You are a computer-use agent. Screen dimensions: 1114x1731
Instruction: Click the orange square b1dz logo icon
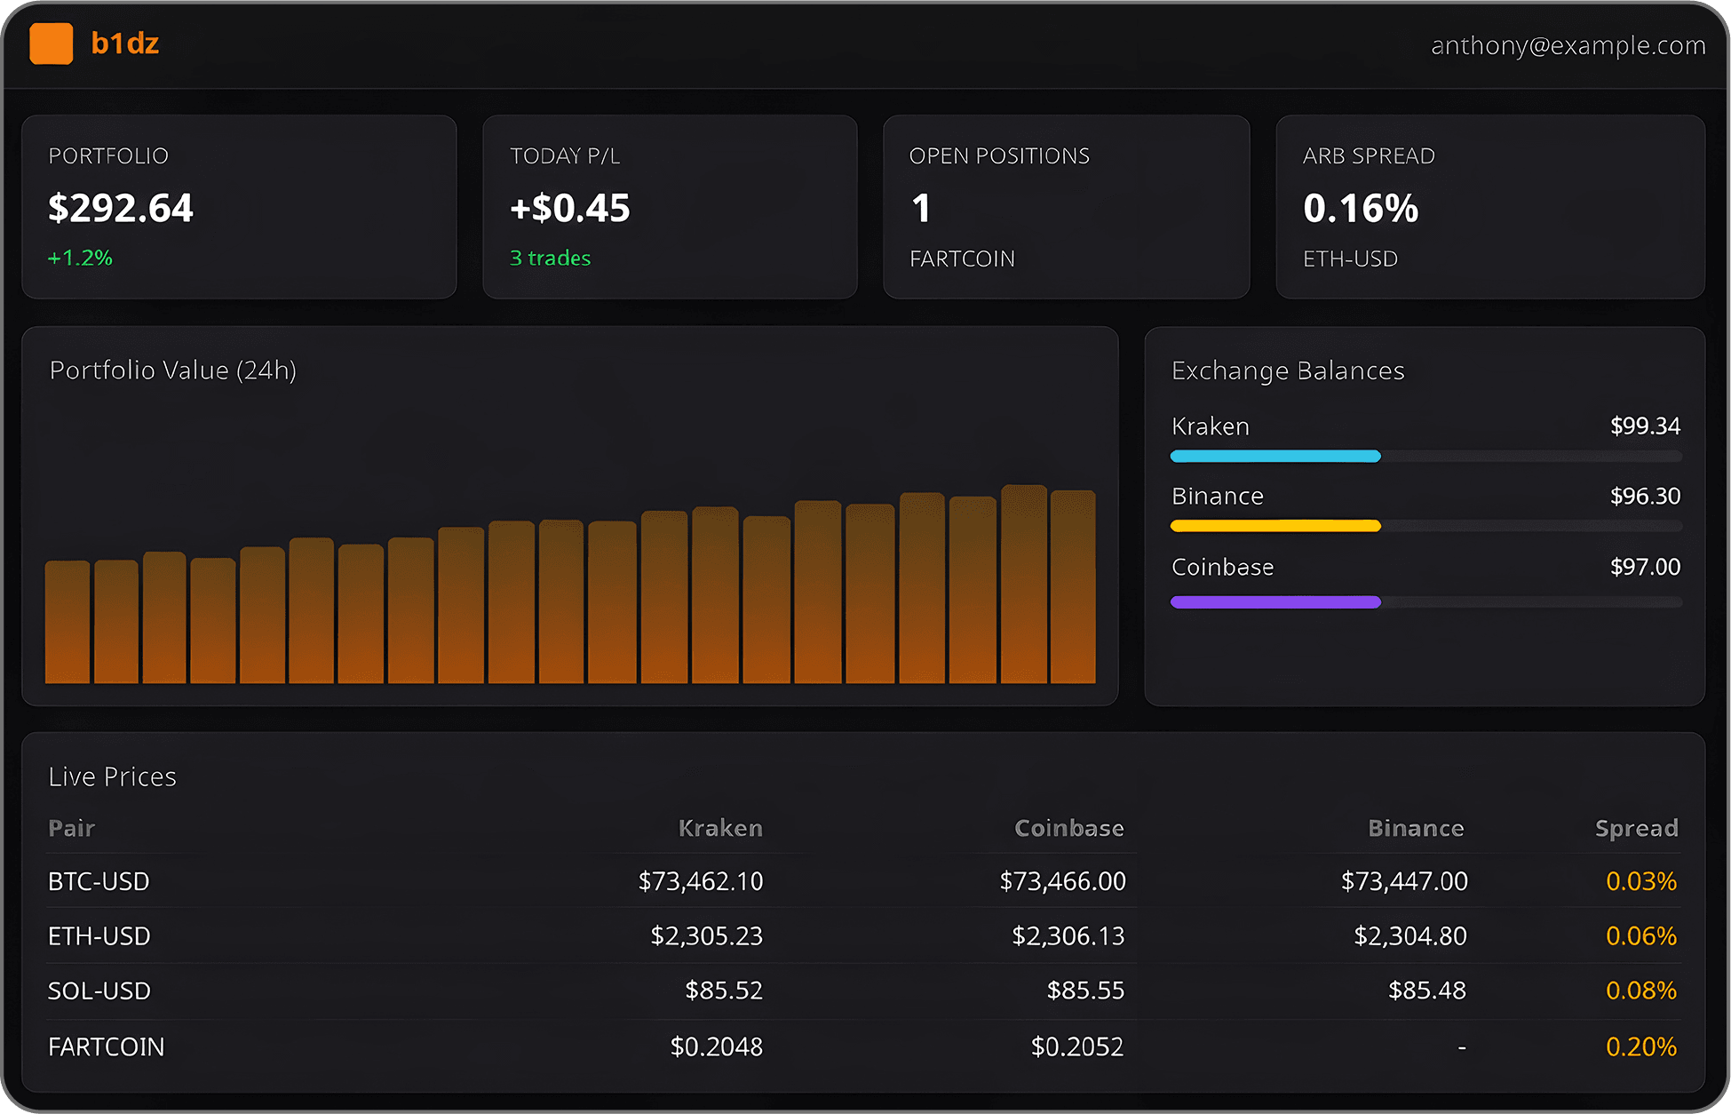tap(52, 44)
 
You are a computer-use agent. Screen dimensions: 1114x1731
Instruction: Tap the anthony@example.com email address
tap(1568, 45)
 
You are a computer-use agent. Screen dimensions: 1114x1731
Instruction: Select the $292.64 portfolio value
tap(121, 208)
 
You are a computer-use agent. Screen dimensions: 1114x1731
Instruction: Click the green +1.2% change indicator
tap(80, 258)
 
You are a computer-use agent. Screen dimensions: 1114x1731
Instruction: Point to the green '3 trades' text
tap(550, 258)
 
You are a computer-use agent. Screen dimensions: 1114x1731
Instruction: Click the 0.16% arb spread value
tap(1360, 209)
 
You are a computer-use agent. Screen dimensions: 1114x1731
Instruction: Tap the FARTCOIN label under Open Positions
tap(962, 259)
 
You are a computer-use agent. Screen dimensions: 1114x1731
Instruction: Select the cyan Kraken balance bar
tap(1275, 457)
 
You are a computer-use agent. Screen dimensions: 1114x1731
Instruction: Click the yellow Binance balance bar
tap(1275, 526)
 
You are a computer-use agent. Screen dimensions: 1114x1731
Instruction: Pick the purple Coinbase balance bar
tap(1275, 602)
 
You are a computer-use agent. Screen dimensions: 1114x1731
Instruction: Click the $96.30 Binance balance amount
tap(1645, 496)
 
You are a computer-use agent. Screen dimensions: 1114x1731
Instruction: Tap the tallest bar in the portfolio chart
tap(1024, 584)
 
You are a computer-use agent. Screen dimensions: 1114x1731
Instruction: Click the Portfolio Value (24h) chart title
tap(173, 370)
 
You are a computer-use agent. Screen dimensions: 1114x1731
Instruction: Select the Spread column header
tap(1636, 828)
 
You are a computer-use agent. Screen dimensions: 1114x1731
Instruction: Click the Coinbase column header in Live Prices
tap(1068, 828)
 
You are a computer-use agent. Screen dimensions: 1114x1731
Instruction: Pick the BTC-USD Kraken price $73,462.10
tap(700, 881)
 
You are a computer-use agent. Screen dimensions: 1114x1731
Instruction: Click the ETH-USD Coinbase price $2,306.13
tap(1068, 935)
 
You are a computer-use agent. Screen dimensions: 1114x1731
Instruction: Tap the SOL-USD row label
tap(99, 991)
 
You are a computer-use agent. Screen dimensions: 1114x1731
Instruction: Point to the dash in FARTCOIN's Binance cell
tap(1461, 1047)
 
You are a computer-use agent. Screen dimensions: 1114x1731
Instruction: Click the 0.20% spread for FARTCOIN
tap(1640, 1046)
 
